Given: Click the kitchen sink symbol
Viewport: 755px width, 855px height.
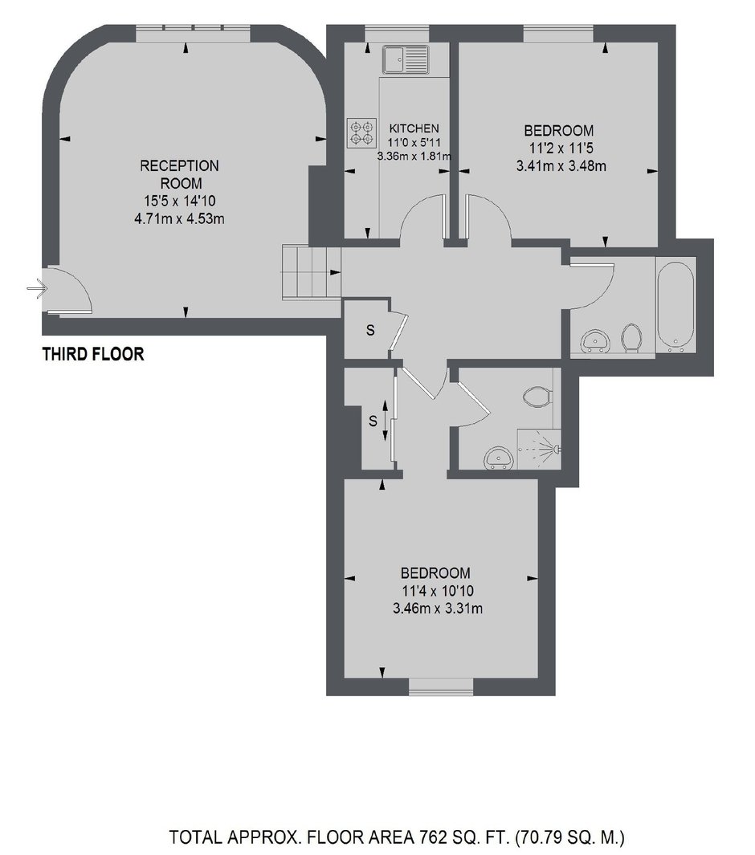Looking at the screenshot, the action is click(406, 59).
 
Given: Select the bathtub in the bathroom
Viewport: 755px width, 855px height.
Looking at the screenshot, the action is click(675, 304).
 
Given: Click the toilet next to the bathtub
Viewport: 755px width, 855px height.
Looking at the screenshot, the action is click(631, 339).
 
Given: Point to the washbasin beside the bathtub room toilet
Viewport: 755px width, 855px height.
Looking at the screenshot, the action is click(596, 341).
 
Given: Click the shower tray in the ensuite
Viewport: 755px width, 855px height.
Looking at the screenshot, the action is click(539, 449).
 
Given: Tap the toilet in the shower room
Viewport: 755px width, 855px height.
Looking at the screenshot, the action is click(537, 397).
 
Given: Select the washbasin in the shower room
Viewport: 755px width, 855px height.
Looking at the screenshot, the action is click(499, 458).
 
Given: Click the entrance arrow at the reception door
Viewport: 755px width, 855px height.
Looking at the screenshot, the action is click(37, 288).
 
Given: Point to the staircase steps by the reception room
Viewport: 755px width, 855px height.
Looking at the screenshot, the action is click(311, 272).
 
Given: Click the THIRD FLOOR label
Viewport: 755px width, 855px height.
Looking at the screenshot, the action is click(93, 354).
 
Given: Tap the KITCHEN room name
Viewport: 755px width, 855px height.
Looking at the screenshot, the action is click(414, 128).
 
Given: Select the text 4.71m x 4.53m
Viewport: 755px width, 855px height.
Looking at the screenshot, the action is click(179, 219).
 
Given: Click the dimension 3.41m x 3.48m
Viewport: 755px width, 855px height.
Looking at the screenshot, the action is click(561, 166).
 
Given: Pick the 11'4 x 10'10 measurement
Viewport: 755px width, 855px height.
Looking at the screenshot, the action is click(438, 591).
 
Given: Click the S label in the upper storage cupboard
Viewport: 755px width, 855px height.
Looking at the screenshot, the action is click(370, 330).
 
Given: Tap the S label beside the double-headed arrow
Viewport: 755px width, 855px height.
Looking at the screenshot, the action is click(373, 421).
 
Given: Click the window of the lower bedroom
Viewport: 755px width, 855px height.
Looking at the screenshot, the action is click(441, 686).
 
